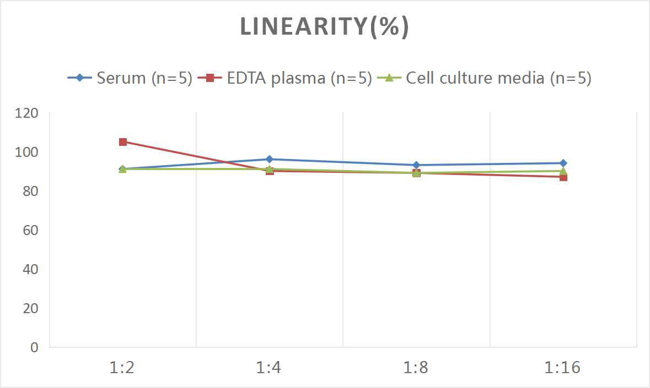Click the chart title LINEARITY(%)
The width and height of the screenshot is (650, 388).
click(x=325, y=27)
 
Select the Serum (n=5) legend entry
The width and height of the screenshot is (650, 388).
click(x=130, y=78)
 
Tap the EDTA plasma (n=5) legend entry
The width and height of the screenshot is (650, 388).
click(x=284, y=78)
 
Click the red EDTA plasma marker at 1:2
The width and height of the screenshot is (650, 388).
click(x=123, y=142)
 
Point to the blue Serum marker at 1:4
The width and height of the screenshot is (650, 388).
click(x=270, y=159)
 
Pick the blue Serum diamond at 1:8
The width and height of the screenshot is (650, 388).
click(x=416, y=165)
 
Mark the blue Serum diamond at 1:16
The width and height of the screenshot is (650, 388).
click(x=563, y=163)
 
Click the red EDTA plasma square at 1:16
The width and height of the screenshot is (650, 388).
click(x=563, y=177)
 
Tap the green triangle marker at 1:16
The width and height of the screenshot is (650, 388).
click(x=563, y=171)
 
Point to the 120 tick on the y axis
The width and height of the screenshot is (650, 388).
click(x=27, y=113)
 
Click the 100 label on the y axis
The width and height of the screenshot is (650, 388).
click(x=27, y=152)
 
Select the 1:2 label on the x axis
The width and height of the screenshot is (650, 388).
click(x=122, y=367)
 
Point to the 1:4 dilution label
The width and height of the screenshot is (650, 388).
click(x=269, y=367)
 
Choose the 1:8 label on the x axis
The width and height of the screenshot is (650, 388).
click(x=416, y=367)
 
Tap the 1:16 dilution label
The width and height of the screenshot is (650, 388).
click(x=562, y=367)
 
